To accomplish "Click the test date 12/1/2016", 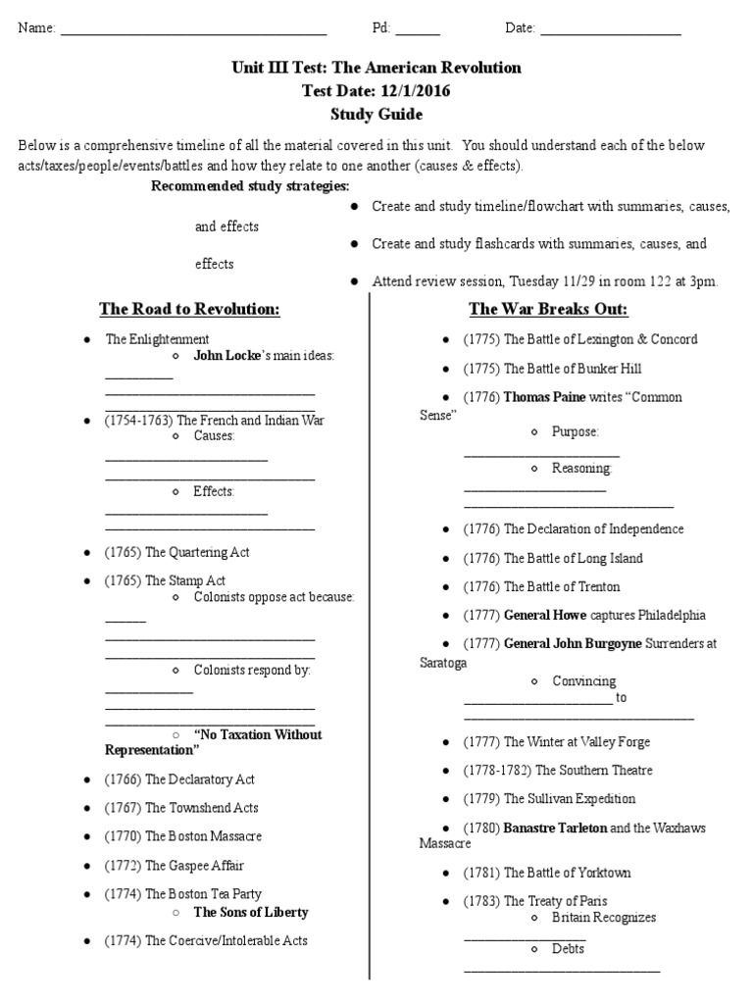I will (x=415, y=90).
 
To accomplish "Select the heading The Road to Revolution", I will (x=189, y=310).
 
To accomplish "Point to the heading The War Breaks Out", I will (x=548, y=310).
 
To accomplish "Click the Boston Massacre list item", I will (x=183, y=836).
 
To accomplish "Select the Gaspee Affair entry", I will (x=175, y=865).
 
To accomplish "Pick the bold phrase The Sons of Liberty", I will (x=250, y=912).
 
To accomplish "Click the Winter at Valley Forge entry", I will (x=556, y=742).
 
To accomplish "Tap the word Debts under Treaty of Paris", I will (x=568, y=948).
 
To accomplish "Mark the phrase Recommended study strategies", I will (x=250, y=186).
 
